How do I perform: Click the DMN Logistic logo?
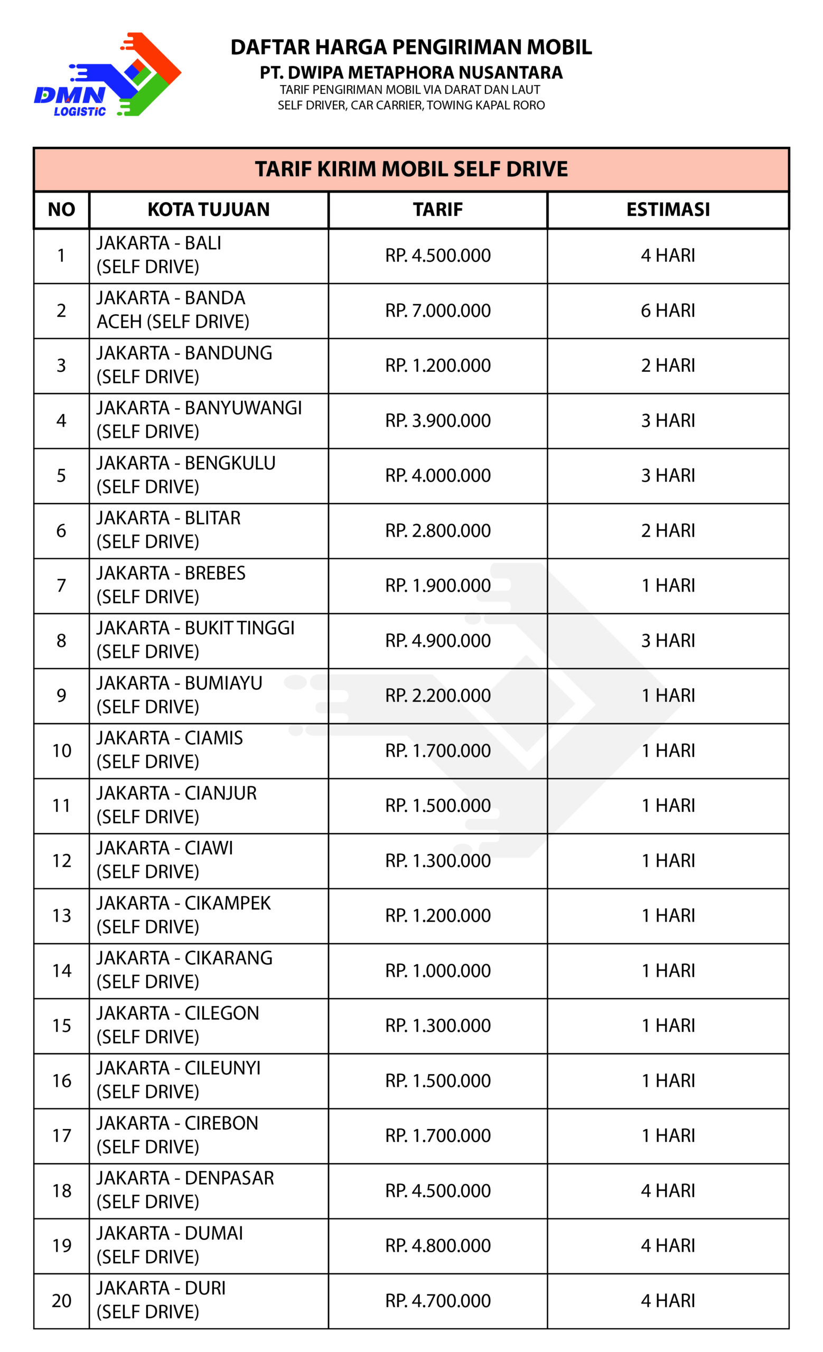[108, 74]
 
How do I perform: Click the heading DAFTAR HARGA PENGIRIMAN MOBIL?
[411, 47]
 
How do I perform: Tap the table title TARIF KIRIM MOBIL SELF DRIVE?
[411, 169]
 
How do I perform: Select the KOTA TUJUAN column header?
[209, 210]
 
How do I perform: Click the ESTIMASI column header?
[668, 210]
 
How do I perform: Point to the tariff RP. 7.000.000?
[438, 311]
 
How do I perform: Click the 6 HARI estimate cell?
[668, 311]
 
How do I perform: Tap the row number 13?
[61, 915]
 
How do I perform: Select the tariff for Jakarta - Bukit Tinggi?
[438, 640]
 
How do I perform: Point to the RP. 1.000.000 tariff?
[438, 971]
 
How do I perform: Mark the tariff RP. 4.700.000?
[438, 1300]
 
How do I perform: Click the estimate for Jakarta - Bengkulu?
[668, 475]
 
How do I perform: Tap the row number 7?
[61, 586]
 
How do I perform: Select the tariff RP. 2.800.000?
[438, 531]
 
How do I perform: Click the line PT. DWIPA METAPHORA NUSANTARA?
[411, 72]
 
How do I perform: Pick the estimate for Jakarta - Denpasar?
[668, 1191]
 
